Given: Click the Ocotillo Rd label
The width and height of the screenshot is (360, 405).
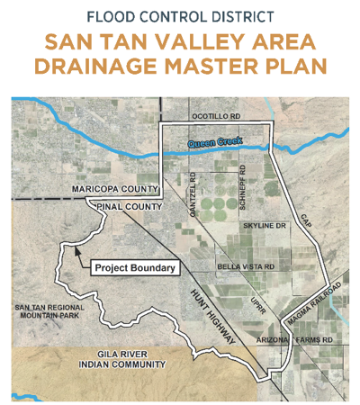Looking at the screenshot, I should [x=216, y=118].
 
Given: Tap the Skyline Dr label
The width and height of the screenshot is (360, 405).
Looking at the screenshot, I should [x=263, y=225].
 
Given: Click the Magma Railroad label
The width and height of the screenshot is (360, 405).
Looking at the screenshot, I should [x=314, y=306].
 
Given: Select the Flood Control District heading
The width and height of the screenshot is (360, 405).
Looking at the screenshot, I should [x=180, y=15].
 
